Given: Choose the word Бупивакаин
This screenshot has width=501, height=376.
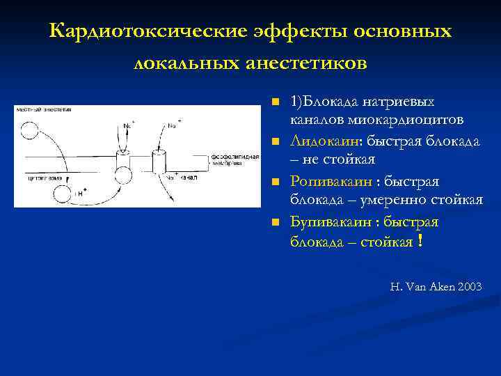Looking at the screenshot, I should click(x=331, y=222).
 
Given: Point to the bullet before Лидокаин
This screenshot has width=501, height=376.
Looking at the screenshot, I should click(x=276, y=142).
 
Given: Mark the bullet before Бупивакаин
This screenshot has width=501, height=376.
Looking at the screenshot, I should click(x=276, y=223).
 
